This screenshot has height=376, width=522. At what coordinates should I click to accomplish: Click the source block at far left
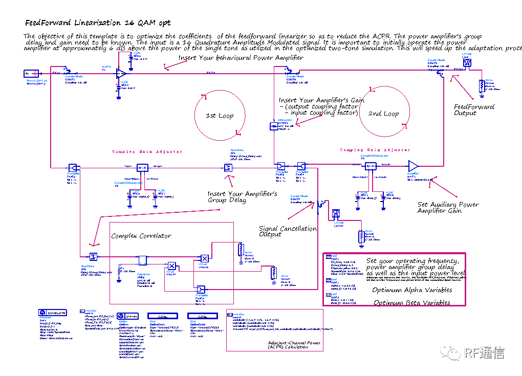31,74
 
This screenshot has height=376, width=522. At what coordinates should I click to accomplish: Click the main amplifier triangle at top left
121,74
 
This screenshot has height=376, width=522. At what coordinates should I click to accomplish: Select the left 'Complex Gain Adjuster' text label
147,152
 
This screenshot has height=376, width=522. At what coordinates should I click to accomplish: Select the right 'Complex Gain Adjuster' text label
375,150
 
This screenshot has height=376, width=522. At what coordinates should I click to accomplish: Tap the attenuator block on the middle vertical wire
274,126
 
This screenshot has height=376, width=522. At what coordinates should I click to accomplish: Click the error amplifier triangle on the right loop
413,166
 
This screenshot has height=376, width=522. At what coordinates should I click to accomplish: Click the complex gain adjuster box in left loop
142,167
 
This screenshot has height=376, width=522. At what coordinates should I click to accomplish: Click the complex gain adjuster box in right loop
371,166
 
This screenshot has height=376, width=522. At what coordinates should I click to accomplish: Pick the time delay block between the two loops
228,167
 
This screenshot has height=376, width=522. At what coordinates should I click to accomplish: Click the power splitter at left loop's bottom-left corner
73,167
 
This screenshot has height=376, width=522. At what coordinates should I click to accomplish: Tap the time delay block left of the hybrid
94,256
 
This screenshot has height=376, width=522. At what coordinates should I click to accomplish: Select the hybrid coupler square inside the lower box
143,260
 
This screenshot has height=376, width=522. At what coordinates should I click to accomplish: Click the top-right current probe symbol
467,63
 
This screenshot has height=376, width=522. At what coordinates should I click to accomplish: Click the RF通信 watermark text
484,352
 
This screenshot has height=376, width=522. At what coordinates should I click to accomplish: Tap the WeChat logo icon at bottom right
451,351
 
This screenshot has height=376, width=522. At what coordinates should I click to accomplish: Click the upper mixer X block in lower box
204,258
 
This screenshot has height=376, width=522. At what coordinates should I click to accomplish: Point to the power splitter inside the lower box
201,290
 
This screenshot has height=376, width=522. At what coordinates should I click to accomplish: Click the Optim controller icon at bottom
121,316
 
